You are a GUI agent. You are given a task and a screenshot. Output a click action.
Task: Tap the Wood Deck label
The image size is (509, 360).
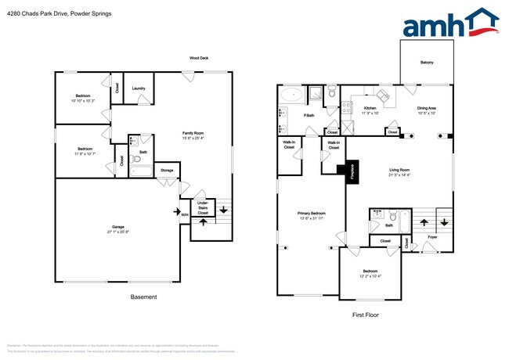coord(198,58)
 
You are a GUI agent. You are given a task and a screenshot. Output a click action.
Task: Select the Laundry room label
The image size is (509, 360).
coord(138,88)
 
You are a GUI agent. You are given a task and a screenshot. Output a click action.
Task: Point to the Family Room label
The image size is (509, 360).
coord(193,134)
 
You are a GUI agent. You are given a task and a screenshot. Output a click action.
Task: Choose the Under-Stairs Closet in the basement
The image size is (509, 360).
coord(203,207)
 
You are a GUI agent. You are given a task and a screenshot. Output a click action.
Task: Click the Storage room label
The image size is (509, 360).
coord(167,170)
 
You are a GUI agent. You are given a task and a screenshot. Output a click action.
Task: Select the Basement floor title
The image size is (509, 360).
coord(143,297)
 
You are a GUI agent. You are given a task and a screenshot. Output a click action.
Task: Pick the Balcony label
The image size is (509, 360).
coord(426,63)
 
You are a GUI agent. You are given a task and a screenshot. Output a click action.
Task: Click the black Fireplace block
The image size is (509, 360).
coord(341,171)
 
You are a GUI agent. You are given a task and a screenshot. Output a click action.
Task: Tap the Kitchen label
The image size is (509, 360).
coord(370,108)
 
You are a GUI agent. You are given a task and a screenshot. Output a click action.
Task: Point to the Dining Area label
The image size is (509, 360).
coord(426,108)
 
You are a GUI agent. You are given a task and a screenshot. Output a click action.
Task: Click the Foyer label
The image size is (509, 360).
coord(431,236)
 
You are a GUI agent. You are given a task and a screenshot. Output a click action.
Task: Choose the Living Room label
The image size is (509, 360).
coord(399,170)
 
